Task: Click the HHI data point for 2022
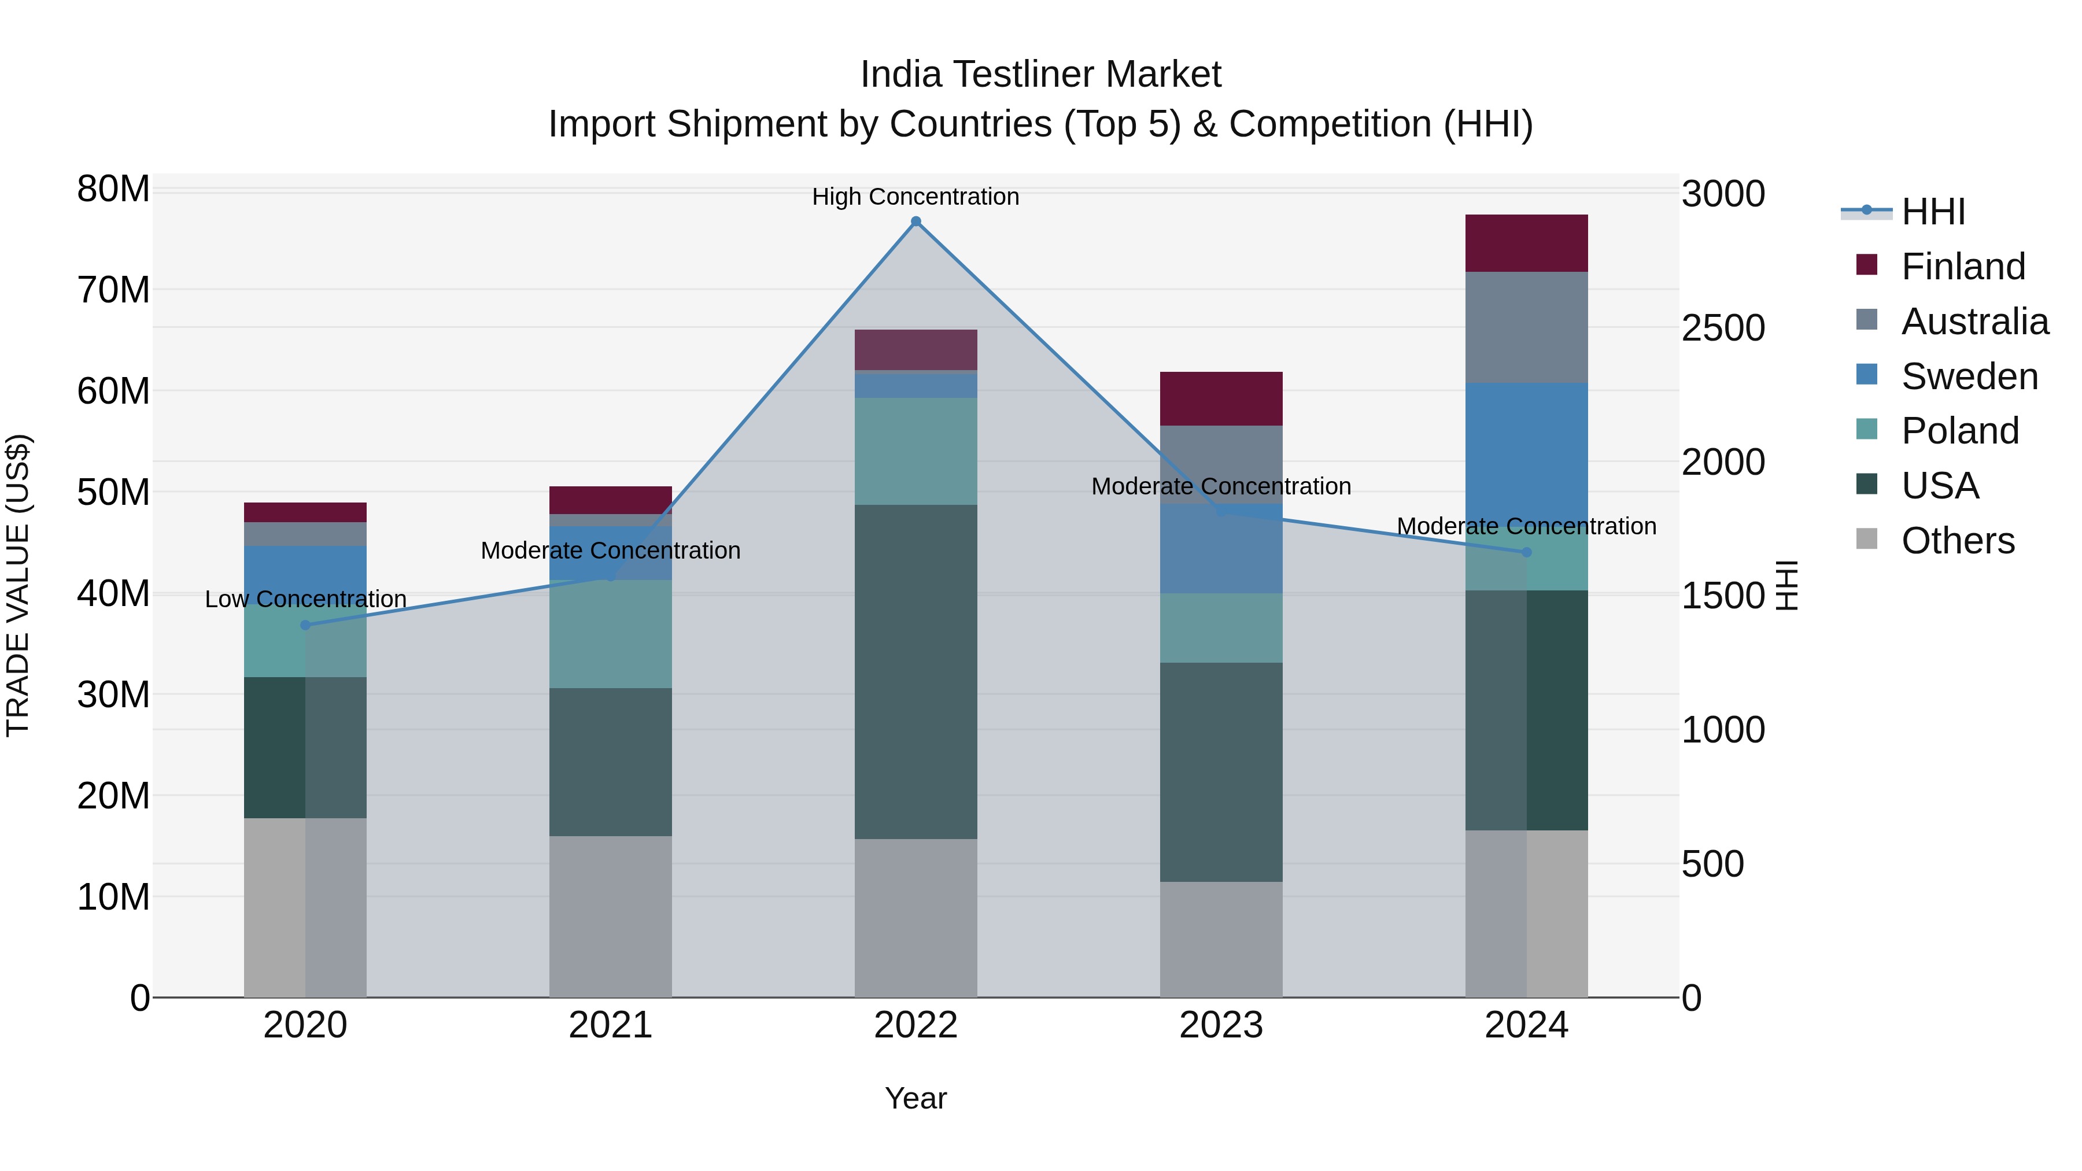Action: tap(916, 221)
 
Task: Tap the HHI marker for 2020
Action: tap(305, 625)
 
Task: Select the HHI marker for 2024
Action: tap(1526, 552)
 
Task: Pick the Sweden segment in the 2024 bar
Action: tap(1526, 453)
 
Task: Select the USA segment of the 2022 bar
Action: tap(916, 671)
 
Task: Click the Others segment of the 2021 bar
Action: tap(610, 915)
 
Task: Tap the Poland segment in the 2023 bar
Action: tap(1220, 628)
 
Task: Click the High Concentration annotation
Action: tap(916, 197)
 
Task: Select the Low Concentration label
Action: tap(305, 599)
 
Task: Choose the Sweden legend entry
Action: tap(1969, 376)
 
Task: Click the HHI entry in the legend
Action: tap(1932, 212)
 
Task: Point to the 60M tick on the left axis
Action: tap(113, 391)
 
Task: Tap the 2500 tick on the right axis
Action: tap(1723, 328)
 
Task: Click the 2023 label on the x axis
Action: tap(1220, 1025)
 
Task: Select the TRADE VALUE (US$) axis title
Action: tap(18, 585)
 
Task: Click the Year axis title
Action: tap(916, 1098)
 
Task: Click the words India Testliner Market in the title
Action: tap(1040, 75)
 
